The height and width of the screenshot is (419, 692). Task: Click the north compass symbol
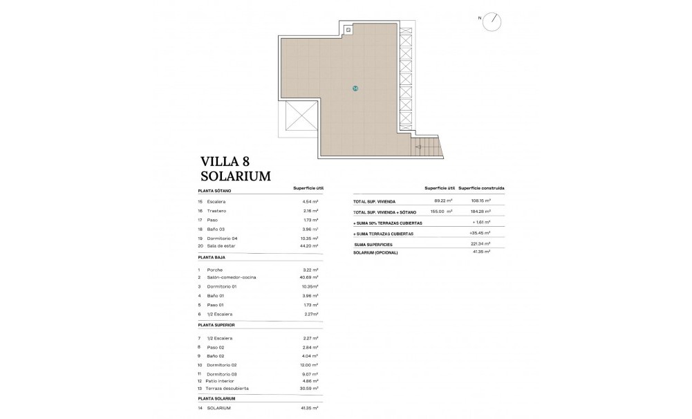tap(493, 20)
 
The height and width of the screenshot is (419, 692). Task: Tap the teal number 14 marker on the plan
tap(355, 89)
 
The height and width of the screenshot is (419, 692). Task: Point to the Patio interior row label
tap(220, 381)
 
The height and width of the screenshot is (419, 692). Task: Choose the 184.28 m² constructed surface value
tap(480, 211)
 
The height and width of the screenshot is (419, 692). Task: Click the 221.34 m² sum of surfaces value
tap(480, 243)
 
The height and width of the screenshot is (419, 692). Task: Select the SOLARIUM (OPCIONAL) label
tap(375, 252)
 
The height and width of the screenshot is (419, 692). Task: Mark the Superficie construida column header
tap(482, 188)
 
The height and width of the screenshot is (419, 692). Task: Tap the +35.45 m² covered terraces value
tap(479, 234)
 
